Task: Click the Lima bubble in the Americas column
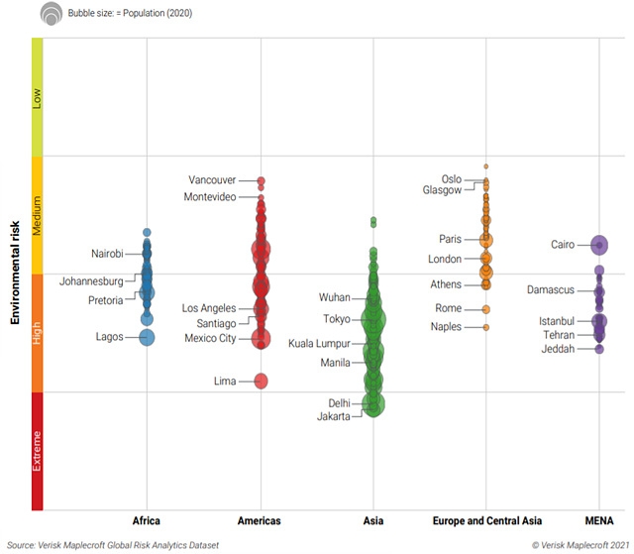coord(262,381)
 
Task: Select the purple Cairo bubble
coord(599,245)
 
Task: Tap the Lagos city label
coord(109,337)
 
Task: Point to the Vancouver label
coord(212,180)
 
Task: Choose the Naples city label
coord(446,327)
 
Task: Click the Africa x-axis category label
coord(147,520)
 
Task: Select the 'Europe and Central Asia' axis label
coord(485,520)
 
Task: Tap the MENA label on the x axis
coord(599,520)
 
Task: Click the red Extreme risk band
coord(38,451)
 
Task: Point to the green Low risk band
coord(38,96)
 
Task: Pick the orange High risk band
coord(38,333)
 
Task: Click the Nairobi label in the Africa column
coord(107,254)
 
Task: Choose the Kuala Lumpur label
coord(318,344)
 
